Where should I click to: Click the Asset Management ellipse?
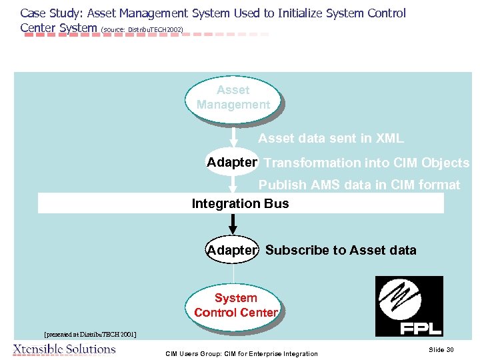pos(233,98)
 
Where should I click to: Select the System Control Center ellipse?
pos(235,305)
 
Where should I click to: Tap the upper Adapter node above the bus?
pos(231,163)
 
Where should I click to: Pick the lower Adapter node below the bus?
pos(231,251)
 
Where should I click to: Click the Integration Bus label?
pos(240,203)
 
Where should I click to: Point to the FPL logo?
pos(409,306)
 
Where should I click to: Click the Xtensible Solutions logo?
pos(64,349)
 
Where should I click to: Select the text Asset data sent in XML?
pos(331,139)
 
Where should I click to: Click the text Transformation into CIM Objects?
pos(367,163)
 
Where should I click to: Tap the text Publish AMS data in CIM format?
pos(359,185)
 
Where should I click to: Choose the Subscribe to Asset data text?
pos(341,251)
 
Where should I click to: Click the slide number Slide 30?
pos(441,350)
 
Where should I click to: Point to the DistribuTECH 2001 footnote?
pos(90,334)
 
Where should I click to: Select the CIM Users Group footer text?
pos(241,353)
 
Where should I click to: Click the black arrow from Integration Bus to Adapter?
pos(233,225)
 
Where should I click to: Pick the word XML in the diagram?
pos(389,139)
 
